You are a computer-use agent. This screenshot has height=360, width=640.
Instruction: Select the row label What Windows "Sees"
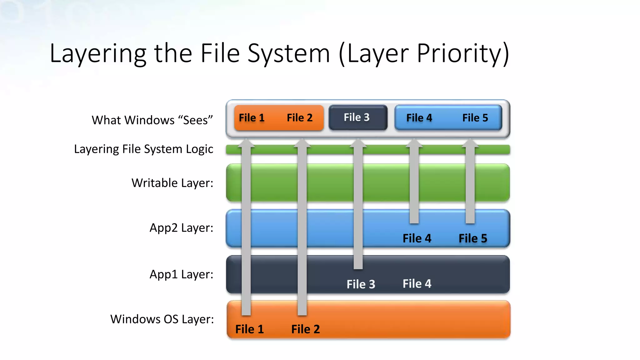(x=152, y=120)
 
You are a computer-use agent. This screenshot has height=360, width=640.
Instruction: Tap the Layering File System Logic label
(x=143, y=149)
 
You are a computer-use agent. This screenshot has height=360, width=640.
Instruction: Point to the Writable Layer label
(x=172, y=183)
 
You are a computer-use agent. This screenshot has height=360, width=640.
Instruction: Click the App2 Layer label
(x=181, y=228)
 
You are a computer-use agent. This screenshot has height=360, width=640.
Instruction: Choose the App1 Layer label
(x=181, y=274)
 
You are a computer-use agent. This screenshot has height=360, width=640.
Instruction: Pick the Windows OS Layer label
(x=162, y=319)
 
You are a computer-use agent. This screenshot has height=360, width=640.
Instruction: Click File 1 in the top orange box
(x=252, y=118)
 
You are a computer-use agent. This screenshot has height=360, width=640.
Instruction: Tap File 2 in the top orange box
(x=300, y=118)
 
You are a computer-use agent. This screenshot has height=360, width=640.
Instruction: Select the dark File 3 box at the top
(x=358, y=117)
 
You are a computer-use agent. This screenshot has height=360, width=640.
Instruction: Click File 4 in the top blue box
(x=419, y=118)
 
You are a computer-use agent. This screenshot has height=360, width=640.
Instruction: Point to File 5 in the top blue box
(x=475, y=118)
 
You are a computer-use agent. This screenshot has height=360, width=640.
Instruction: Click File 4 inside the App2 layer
(x=417, y=238)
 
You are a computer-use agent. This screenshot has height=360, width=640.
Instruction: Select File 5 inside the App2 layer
(x=473, y=238)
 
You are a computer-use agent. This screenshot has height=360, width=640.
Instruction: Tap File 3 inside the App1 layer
(x=361, y=284)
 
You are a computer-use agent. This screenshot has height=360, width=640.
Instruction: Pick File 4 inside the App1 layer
(x=417, y=284)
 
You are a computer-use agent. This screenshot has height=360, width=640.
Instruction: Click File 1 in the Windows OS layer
(x=249, y=329)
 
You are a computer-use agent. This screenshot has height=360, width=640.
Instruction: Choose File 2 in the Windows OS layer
(x=305, y=329)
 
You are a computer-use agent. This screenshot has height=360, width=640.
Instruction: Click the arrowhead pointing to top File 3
(x=358, y=143)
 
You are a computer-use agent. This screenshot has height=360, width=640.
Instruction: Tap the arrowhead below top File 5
(x=470, y=143)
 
